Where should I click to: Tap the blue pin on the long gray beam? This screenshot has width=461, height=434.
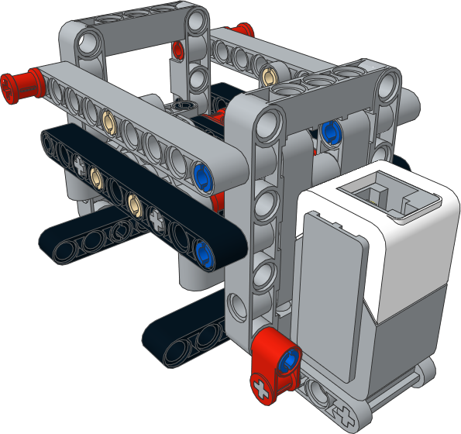[x=204, y=172]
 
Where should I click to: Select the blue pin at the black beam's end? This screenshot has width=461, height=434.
[x=205, y=250]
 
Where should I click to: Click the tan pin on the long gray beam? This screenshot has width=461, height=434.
[x=109, y=120]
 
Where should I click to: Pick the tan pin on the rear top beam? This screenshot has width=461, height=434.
[x=269, y=74]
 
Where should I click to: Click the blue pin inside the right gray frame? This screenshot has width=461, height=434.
[x=332, y=129]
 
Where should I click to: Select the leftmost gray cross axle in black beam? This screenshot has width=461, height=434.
[x=79, y=162]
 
